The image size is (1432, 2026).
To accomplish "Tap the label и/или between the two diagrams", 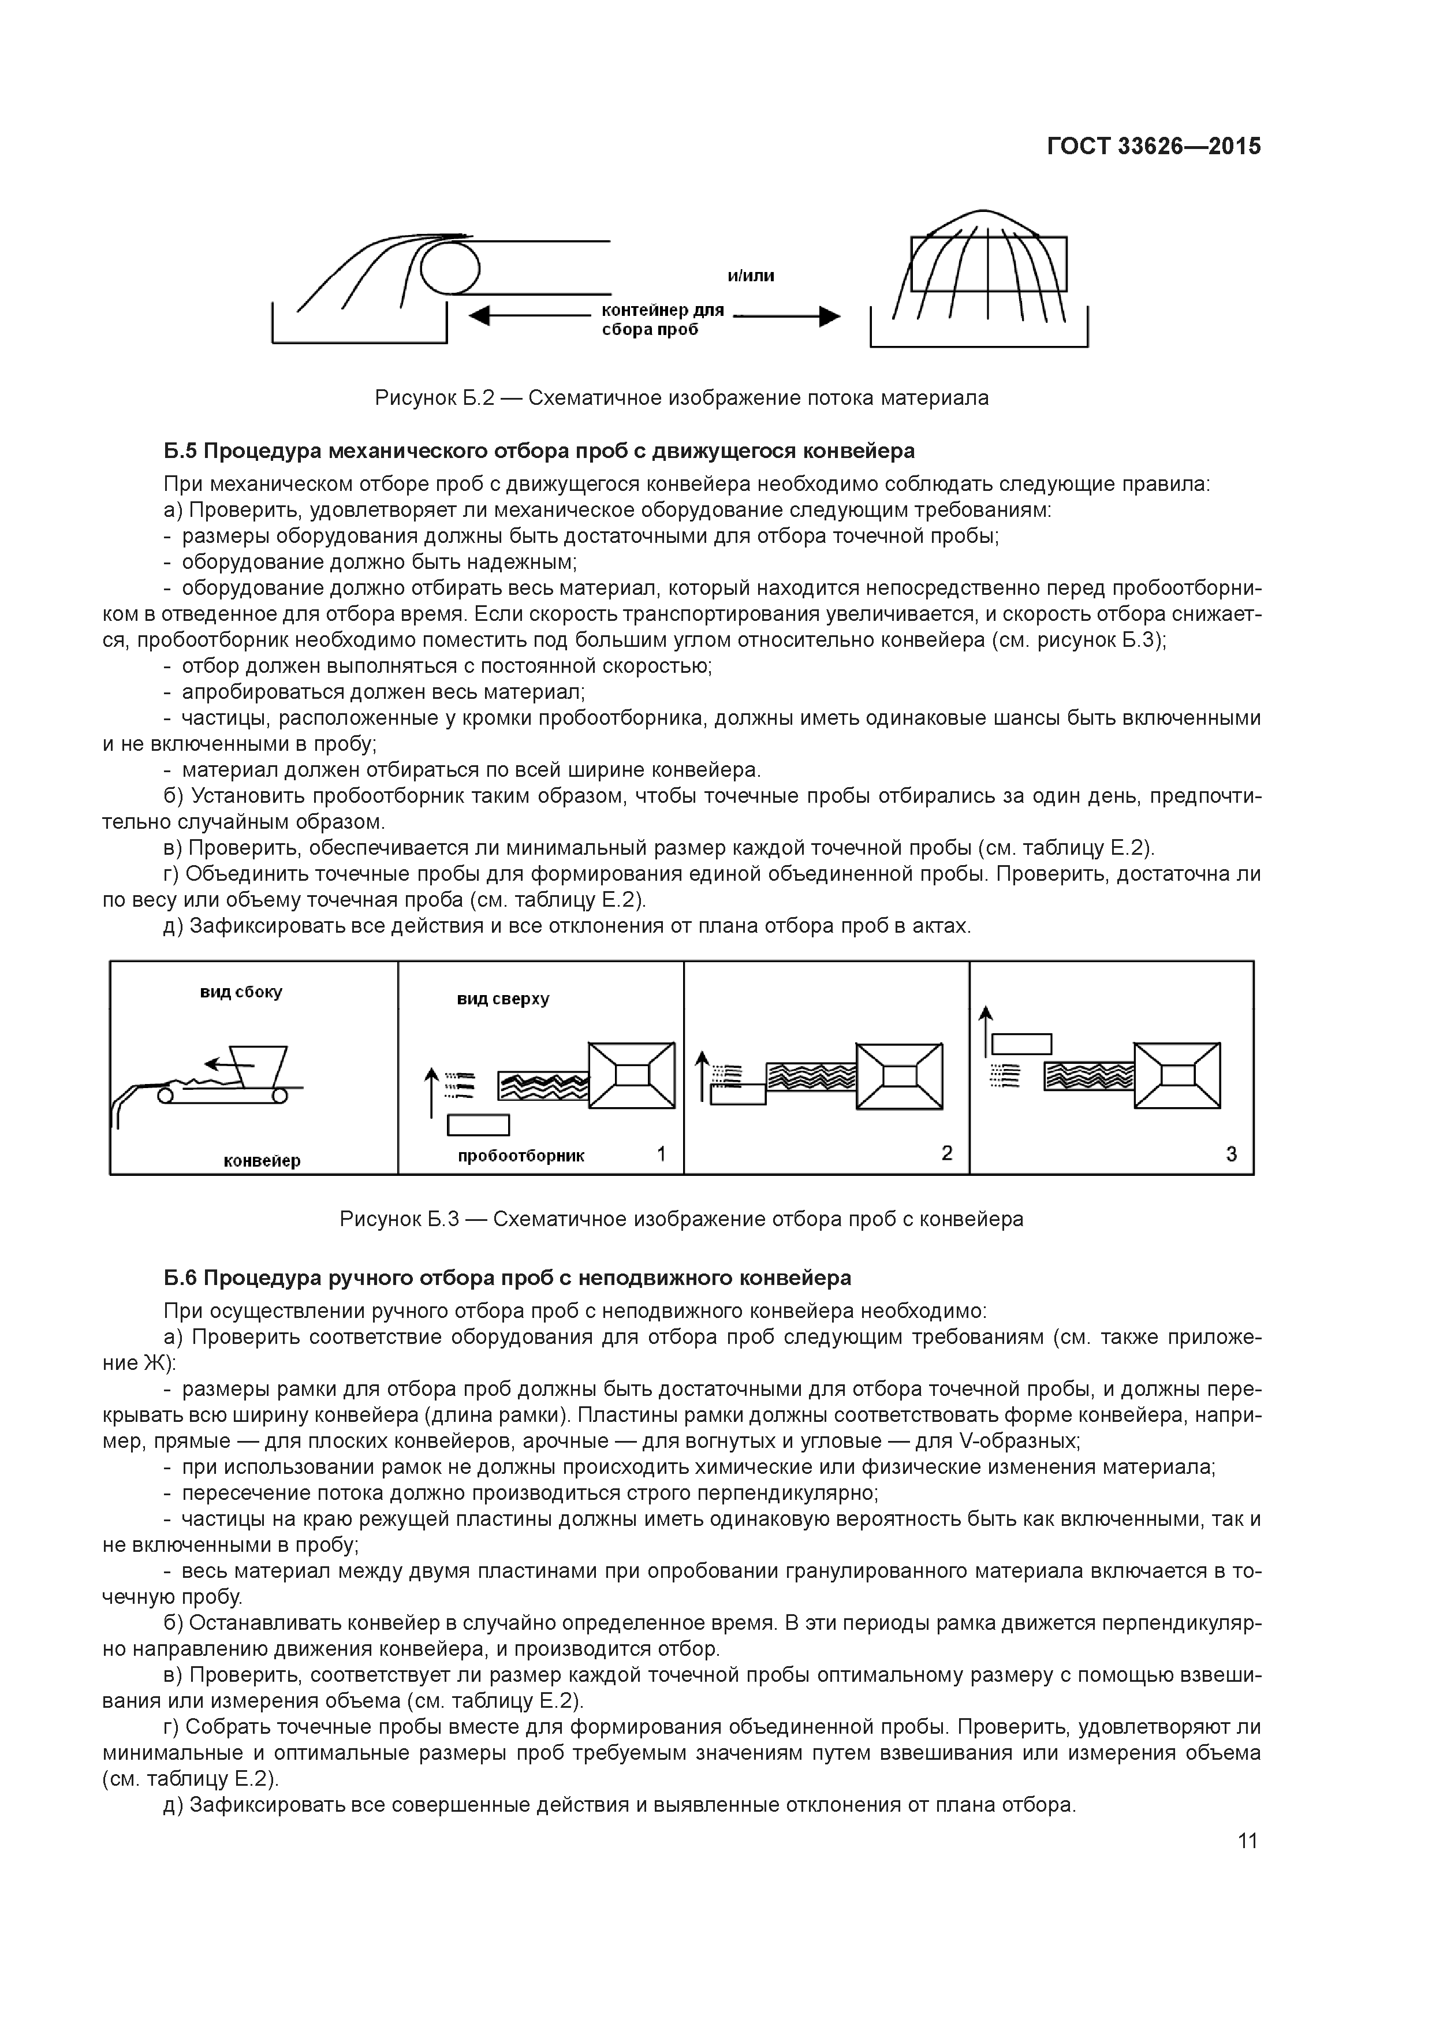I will point(750,276).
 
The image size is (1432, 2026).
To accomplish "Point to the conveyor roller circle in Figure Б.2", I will point(450,268).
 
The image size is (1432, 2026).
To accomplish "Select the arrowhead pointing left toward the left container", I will point(479,316).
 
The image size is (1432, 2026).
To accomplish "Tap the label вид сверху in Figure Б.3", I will point(503,999).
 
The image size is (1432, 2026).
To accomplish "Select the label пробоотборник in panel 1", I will point(521,1156).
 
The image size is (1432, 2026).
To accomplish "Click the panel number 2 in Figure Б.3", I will point(947,1153).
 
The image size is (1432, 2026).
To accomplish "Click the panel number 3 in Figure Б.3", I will point(1232,1153).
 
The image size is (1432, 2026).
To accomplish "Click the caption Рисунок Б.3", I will point(681,1220).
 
